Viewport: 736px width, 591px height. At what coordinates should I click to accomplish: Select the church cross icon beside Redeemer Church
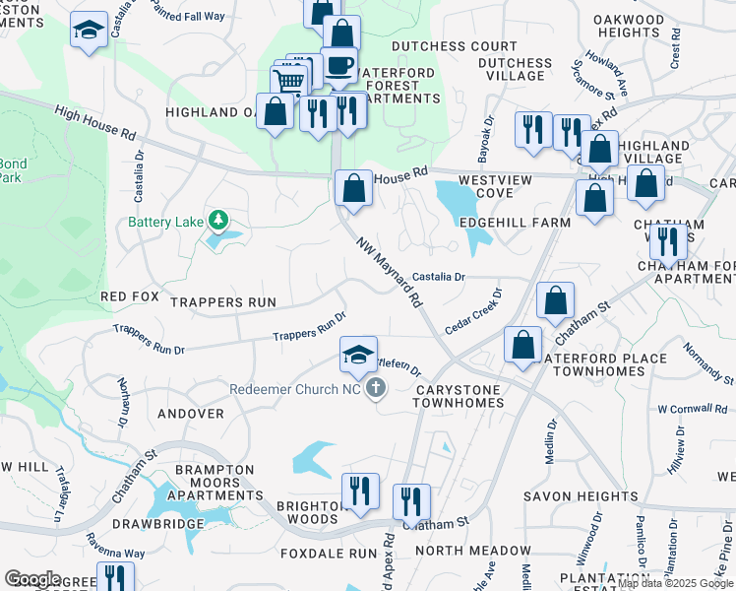coord(374,390)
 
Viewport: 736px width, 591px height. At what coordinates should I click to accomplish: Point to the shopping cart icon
coord(288,82)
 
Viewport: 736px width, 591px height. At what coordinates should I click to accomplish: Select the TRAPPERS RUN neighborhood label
coord(222,300)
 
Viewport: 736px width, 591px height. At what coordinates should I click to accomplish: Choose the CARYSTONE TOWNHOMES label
coord(459,397)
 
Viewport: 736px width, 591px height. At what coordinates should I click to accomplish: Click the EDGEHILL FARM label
coord(515,223)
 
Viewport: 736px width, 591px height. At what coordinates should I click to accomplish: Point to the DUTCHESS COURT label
coord(454,46)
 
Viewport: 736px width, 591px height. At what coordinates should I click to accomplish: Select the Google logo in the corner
coord(32,578)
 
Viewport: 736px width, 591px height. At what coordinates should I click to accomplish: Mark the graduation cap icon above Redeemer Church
coord(358,353)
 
